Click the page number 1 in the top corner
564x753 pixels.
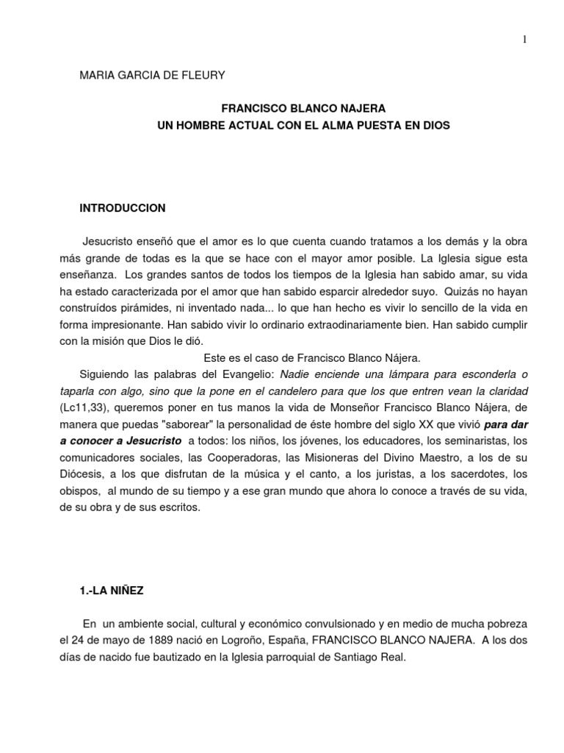point(524,40)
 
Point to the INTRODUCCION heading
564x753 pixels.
point(123,208)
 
